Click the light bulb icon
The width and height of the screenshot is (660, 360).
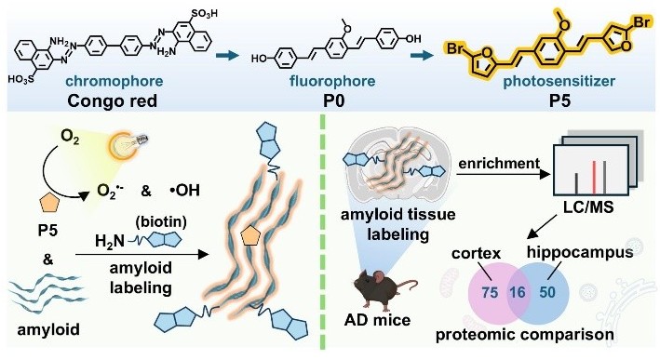(128, 144)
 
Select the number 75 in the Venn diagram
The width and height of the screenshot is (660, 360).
(489, 292)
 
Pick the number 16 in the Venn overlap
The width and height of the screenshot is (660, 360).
(518, 292)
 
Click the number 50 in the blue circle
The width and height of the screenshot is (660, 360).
(547, 292)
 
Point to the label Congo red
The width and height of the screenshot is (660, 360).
(113, 101)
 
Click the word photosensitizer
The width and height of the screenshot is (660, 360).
(559, 81)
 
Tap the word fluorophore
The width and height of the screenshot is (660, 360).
(332, 81)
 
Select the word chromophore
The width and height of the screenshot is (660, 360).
(114, 81)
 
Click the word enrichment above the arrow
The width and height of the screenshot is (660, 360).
(499, 163)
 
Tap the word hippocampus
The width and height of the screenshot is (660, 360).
(581, 252)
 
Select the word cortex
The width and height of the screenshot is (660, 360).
(477, 253)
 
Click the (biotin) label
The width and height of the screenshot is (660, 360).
(161, 221)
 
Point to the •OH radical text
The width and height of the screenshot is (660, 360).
(185, 191)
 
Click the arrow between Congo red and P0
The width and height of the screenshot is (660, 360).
(227, 55)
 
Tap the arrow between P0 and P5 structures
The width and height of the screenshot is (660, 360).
(423, 55)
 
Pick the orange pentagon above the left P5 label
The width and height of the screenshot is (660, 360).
(50, 206)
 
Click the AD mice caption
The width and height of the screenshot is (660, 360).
(377, 321)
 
